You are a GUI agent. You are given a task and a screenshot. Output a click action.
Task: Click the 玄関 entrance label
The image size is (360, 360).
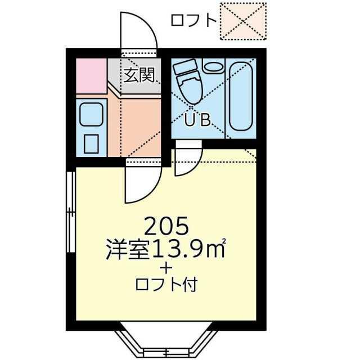(x=139, y=75)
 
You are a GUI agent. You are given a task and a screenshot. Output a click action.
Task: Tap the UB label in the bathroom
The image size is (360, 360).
(x=197, y=120)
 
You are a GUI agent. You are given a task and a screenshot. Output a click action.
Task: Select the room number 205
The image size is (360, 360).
(x=166, y=226)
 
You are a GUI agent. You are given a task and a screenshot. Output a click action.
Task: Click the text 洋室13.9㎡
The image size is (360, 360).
(x=166, y=249)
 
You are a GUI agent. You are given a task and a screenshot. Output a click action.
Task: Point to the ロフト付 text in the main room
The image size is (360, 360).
(x=166, y=285)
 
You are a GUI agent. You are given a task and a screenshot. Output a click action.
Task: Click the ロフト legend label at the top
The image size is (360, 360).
(x=193, y=20)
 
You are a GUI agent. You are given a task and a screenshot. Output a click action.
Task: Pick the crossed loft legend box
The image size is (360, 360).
(x=243, y=21)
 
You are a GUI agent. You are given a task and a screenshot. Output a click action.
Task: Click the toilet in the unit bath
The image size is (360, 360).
(x=188, y=82)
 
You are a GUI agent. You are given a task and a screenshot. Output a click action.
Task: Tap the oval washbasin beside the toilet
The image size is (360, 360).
(x=213, y=66)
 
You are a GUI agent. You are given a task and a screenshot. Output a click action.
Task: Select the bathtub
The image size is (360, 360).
(x=241, y=99)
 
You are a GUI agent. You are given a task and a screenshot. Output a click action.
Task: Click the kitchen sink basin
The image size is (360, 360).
(x=91, y=114)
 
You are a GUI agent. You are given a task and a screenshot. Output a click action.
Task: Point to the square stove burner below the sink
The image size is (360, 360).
(x=91, y=144)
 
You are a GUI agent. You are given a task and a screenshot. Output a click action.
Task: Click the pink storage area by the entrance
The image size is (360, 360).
(x=91, y=76)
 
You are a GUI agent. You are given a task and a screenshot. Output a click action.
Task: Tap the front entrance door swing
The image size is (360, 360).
(x=139, y=30)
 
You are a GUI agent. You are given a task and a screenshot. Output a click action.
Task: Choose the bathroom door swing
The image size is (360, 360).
(x=188, y=162)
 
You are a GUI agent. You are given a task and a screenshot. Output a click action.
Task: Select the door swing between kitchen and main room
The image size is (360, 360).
(x=143, y=185)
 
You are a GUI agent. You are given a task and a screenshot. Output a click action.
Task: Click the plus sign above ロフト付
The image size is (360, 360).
(x=166, y=268)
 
